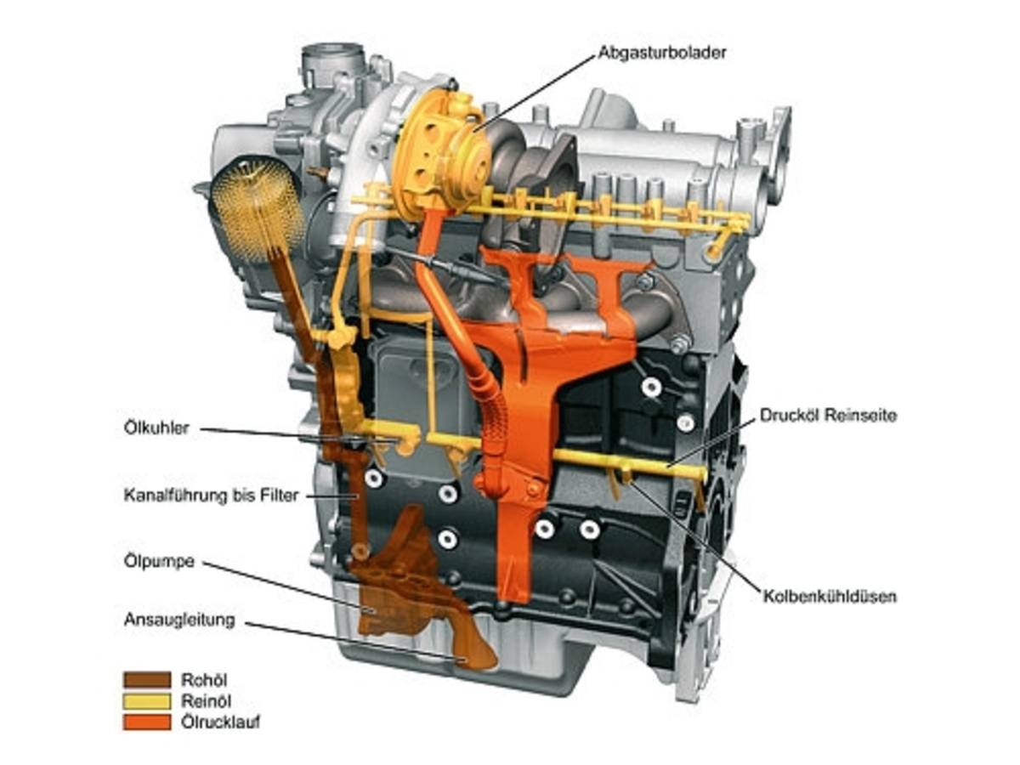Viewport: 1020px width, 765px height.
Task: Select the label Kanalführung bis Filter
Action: [x=211, y=495]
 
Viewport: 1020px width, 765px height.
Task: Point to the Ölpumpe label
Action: [x=159, y=562]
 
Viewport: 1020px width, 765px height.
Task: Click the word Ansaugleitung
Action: [x=178, y=620]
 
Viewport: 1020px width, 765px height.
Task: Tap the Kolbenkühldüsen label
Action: [x=829, y=597]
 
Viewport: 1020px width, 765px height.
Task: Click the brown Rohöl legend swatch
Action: [x=147, y=679]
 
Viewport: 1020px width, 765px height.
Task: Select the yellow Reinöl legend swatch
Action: [x=147, y=700]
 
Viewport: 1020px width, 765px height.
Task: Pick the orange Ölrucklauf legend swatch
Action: [x=147, y=722]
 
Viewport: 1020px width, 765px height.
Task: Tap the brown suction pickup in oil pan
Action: [x=467, y=646]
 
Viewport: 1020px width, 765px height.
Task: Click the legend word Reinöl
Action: [x=206, y=701]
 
